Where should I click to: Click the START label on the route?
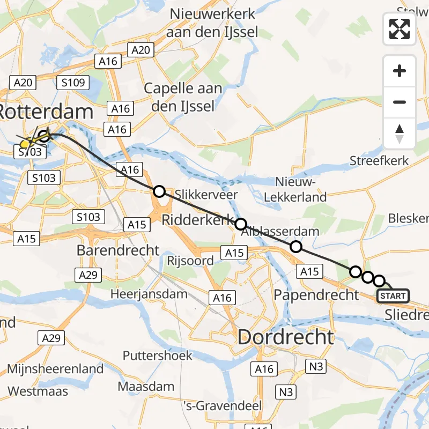click(x=394, y=296)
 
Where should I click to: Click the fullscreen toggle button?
click(x=400, y=29)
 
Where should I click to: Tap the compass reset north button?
click(x=400, y=134)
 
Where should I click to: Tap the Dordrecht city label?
click(x=285, y=337)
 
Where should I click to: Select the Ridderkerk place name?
click(x=198, y=219)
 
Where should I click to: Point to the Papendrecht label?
click(x=316, y=294)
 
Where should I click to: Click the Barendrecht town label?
click(x=118, y=250)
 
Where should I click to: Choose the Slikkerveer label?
click(x=206, y=194)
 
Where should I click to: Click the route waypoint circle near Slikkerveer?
click(x=159, y=191)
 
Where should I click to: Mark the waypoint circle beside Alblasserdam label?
click(x=295, y=247)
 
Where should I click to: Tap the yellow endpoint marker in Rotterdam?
click(x=25, y=144)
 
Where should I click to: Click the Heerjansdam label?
click(x=149, y=294)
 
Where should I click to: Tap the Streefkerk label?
click(x=379, y=160)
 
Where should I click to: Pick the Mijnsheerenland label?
click(x=55, y=369)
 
